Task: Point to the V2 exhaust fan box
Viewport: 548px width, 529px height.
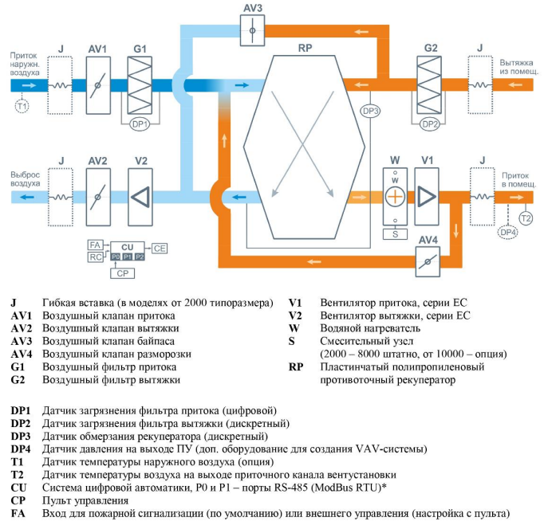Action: tap(141, 197)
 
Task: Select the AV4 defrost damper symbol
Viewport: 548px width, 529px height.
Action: tap(428, 261)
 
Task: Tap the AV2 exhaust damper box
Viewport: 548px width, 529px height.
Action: tap(98, 197)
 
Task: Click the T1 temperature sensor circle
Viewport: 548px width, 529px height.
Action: tap(22, 104)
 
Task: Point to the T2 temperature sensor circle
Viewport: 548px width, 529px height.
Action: tap(526, 217)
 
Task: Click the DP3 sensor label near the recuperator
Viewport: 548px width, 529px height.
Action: tap(370, 111)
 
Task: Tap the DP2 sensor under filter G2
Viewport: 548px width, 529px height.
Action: tap(430, 124)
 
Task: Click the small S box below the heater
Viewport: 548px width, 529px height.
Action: tap(395, 234)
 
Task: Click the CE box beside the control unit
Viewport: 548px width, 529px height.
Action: tap(160, 248)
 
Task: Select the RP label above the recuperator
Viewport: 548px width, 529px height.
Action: tap(305, 48)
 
